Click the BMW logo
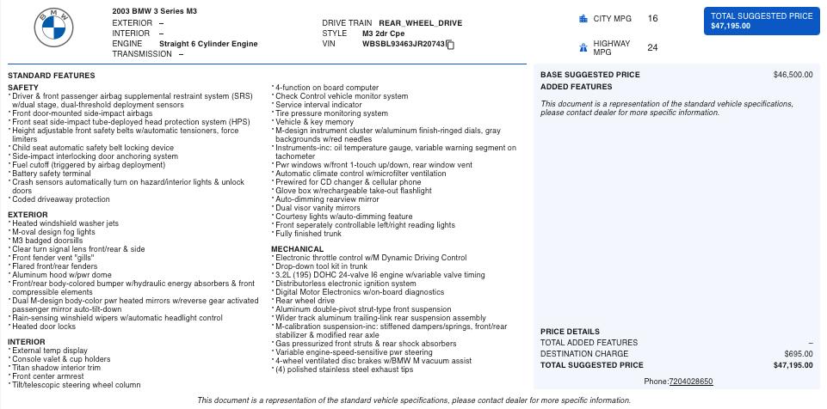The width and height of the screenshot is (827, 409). (x=54, y=29)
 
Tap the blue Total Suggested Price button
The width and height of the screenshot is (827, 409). (x=762, y=21)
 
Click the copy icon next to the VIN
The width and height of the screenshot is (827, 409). (x=450, y=45)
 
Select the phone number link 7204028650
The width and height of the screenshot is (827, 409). (x=690, y=382)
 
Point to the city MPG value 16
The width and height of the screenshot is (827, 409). (x=652, y=18)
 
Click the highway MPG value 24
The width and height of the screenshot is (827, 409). (x=652, y=47)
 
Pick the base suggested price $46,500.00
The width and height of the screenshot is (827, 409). (x=793, y=75)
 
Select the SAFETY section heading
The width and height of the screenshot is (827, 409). (x=23, y=88)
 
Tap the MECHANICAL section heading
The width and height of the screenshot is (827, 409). (x=297, y=249)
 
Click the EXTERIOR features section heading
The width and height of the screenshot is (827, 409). (x=28, y=215)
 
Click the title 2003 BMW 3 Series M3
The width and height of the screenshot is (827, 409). (x=154, y=11)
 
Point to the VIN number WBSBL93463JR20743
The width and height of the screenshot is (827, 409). (x=403, y=44)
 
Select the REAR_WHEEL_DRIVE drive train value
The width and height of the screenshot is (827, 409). (x=420, y=23)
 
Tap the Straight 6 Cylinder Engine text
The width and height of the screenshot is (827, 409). (x=208, y=44)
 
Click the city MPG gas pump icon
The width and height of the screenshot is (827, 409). (x=583, y=18)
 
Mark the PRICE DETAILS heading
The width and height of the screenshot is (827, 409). (x=570, y=332)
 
